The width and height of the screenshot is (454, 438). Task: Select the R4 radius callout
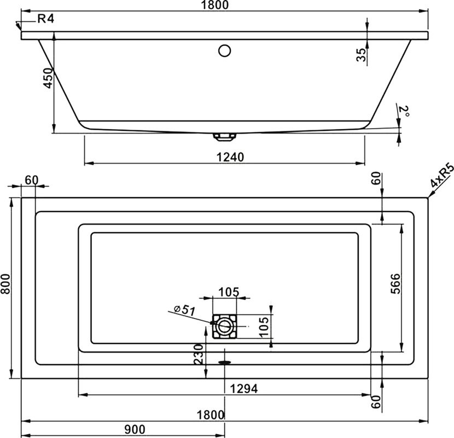[x=45, y=19]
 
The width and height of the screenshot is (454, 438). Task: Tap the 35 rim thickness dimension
[x=360, y=55]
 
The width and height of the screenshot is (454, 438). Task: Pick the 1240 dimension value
[x=225, y=157]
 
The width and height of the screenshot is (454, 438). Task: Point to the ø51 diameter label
[x=184, y=310]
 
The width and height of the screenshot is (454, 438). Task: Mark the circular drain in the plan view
[x=225, y=327]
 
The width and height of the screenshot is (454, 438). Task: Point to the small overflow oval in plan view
[x=225, y=361]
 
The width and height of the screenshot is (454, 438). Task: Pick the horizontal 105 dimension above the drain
[x=229, y=292]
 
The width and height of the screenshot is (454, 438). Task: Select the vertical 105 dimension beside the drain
[x=264, y=327]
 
